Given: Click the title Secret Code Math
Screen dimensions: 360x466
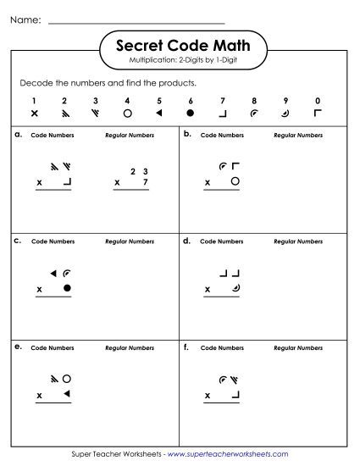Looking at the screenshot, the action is coord(180,47).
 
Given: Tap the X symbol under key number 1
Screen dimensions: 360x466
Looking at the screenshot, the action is coord(34,113).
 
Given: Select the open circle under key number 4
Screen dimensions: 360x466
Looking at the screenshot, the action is coord(127,113).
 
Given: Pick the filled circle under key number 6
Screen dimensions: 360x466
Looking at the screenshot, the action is coord(190,113).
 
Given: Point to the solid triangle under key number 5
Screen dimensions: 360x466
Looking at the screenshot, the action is coord(158,113).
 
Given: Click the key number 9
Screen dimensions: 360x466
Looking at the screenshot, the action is coord(285,100).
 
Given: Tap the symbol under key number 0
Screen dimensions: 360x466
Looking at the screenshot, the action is coord(318,113).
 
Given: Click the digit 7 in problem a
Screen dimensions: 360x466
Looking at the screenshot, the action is coord(145,182).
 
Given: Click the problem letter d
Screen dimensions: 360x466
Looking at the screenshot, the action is coord(186,241).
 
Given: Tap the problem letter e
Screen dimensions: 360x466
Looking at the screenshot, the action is coord(18,347).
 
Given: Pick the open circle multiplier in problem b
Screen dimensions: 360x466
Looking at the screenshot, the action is coord(235,181).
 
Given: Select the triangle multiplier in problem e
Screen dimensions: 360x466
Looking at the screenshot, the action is coord(67,395).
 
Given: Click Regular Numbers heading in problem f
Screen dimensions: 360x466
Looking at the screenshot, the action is coord(297,348).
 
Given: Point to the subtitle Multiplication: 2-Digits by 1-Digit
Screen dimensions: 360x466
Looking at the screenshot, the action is coord(180,62).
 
